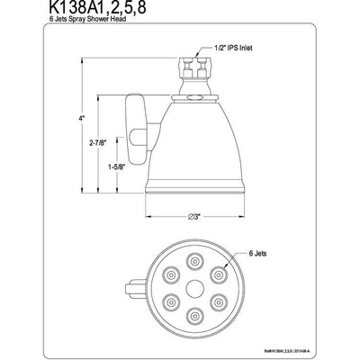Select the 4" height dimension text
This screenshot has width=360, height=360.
point(81,119)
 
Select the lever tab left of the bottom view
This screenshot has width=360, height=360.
point(138,290)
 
